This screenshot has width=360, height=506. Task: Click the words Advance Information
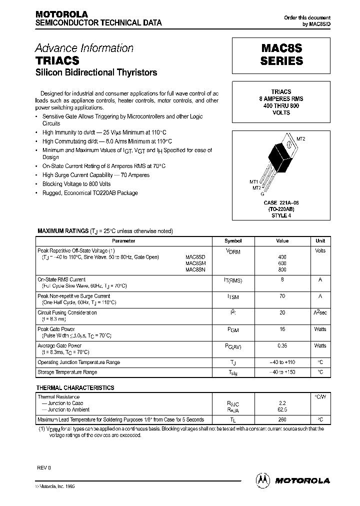click(x=84, y=48)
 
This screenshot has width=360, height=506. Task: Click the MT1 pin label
click(x=253, y=181)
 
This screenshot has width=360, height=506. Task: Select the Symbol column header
click(x=233, y=241)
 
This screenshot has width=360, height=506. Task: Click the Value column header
click(x=282, y=241)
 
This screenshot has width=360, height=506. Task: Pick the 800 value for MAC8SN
click(x=282, y=270)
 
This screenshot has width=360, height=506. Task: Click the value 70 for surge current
click(x=282, y=296)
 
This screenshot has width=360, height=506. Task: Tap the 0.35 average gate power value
click(x=282, y=346)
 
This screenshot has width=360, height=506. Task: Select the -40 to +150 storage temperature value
click(x=282, y=372)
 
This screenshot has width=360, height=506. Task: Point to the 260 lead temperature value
click(x=282, y=419)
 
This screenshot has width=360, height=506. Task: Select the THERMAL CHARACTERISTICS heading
click(x=75, y=387)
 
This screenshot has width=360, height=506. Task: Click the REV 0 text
click(x=44, y=467)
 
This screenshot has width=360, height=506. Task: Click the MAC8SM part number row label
click(x=195, y=263)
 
